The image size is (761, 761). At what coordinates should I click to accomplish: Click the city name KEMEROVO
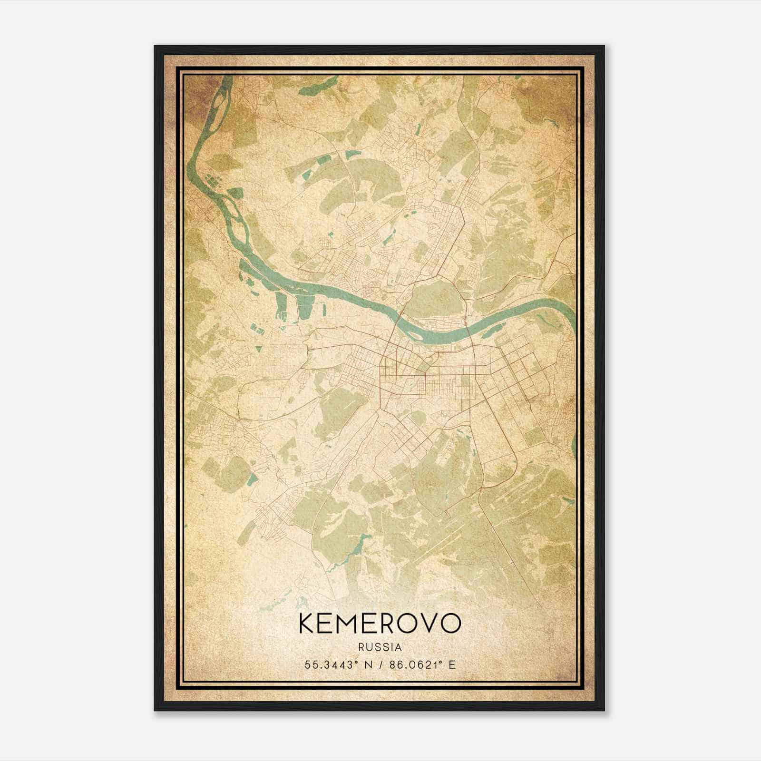[380, 624]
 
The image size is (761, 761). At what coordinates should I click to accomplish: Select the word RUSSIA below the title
[380, 647]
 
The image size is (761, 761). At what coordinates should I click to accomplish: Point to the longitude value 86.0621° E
[422, 664]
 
